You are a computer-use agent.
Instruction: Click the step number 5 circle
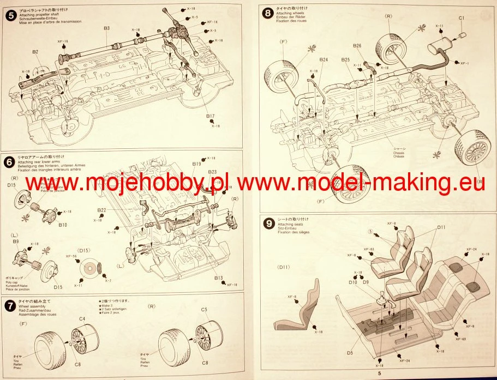point(9,15)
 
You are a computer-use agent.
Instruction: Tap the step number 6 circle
point(9,162)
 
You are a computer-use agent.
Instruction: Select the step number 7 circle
point(9,305)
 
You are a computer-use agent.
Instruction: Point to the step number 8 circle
point(267,13)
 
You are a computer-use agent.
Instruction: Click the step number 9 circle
point(267,222)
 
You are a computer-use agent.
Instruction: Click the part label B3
point(106,28)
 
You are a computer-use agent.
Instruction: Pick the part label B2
point(35,52)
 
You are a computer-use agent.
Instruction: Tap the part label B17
point(211,116)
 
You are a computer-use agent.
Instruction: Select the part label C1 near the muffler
point(461,18)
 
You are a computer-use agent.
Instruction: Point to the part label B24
point(324,59)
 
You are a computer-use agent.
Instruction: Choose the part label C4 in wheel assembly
point(82,318)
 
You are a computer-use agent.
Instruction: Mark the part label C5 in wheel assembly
point(204,310)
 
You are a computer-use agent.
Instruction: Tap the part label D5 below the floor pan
point(350,353)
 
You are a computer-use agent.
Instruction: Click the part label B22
point(101,210)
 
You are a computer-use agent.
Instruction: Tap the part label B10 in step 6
point(62,224)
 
